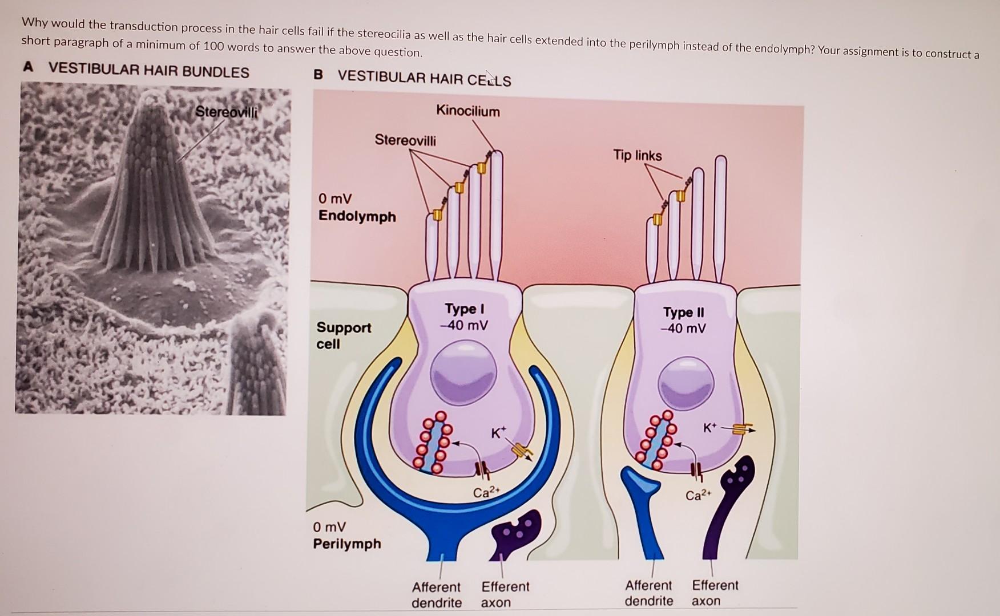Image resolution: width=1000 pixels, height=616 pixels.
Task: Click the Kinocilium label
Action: click(467, 111)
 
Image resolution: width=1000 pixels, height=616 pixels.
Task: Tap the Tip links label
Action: click(638, 155)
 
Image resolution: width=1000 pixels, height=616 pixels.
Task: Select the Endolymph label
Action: click(357, 216)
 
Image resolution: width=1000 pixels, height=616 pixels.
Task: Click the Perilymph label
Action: click(347, 544)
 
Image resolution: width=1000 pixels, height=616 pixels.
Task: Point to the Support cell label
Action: click(344, 335)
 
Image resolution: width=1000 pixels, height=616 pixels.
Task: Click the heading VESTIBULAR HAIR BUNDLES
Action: click(149, 71)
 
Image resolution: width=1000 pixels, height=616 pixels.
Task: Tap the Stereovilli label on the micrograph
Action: click(226, 112)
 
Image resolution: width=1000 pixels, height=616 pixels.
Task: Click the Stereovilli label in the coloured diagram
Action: click(405, 140)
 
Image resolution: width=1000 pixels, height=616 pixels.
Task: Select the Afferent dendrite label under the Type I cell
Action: click(437, 594)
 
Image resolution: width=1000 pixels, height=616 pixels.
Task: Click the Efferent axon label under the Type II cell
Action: click(715, 593)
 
